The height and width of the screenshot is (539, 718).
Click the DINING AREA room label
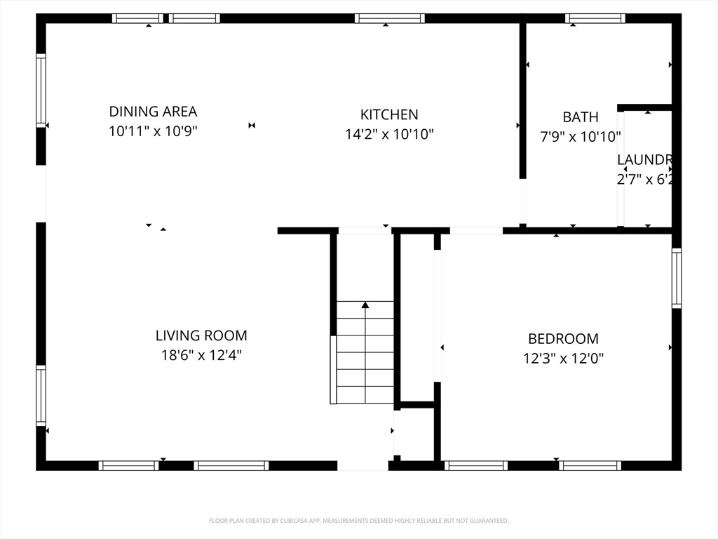pyautogui.click(x=153, y=112)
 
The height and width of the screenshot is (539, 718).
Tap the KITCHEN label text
pyautogui.click(x=389, y=114)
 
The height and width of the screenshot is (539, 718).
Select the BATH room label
pyautogui.click(x=581, y=117)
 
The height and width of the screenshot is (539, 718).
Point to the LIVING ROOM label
pyautogui.click(x=201, y=336)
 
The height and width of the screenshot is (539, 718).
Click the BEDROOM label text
pyautogui.click(x=563, y=339)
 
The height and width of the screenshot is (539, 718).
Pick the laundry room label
pyautogui.click(x=645, y=159)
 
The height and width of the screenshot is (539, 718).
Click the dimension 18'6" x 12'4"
pyautogui.click(x=201, y=356)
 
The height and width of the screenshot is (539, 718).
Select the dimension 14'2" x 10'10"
pyautogui.click(x=389, y=134)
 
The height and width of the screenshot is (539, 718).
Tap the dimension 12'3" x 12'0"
pyautogui.click(x=563, y=359)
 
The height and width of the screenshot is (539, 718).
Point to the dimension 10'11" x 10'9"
pyautogui.click(x=153, y=131)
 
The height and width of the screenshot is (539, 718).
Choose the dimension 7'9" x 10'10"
pyautogui.click(x=581, y=137)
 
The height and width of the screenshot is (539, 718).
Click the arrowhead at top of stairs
pyautogui.click(x=365, y=305)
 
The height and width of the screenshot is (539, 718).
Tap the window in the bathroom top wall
pyautogui.click(x=595, y=18)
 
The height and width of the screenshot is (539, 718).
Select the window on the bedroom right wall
pyautogui.click(x=677, y=279)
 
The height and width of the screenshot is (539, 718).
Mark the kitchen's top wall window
pyautogui.click(x=389, y=18)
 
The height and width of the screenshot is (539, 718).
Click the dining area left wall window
pyautogui.click(x=41, y=91)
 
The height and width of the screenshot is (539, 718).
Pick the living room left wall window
pyautogui.click(x=41, y=396)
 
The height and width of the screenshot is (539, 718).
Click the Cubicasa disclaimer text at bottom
pyautogui.click(x=358, y=521)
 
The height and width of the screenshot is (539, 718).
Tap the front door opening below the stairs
pyautogui.click(x=363, y=465)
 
